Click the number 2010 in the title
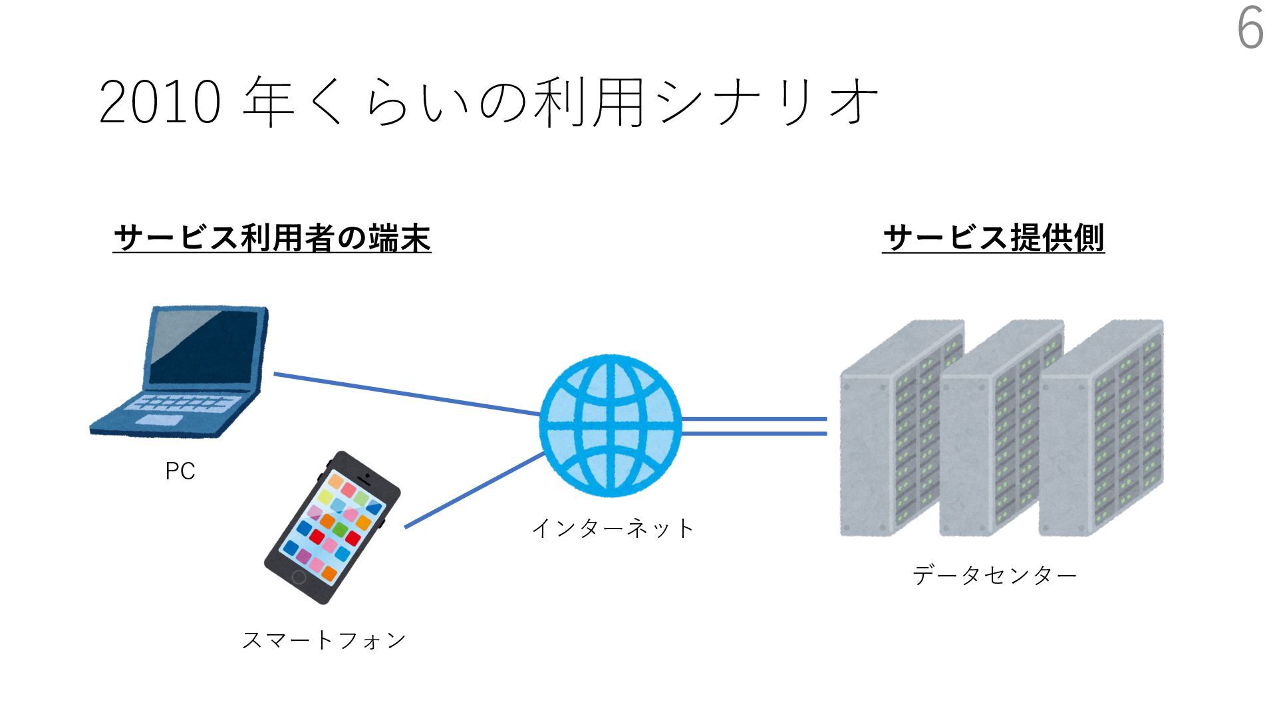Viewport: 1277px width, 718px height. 160,103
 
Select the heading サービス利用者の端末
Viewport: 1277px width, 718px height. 272,238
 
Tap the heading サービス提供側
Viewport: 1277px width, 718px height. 993,238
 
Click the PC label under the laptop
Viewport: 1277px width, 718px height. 180,471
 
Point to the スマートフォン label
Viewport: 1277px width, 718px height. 324,640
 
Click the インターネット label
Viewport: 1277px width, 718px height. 613,529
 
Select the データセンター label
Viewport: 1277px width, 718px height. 994,575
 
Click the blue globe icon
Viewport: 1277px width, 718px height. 611,425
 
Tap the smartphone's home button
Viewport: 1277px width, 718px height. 299,577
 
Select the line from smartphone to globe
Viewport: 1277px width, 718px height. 474,491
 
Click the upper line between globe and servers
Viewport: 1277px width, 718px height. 754,419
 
